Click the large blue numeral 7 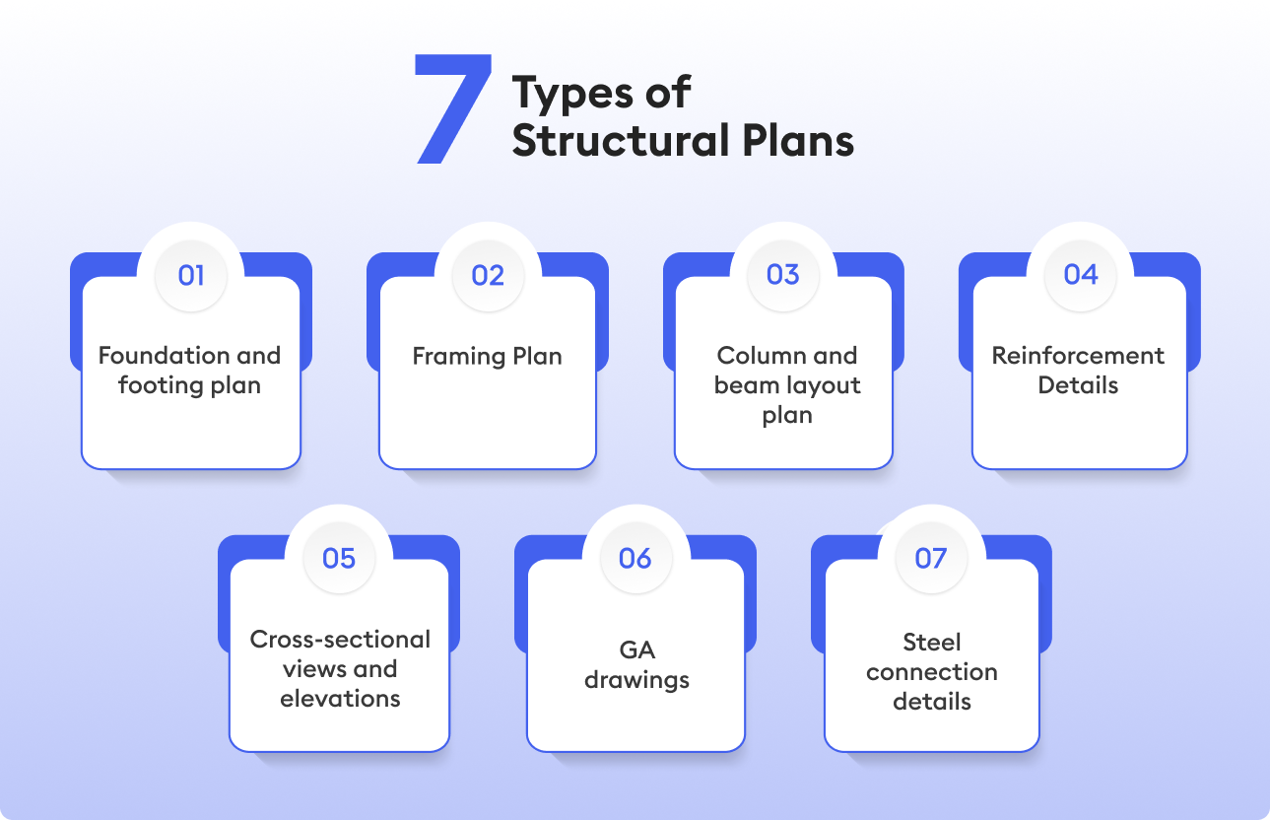452,108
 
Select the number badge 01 191,275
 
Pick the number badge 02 488,275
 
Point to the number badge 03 783,275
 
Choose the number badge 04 1081,275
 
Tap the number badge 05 339,559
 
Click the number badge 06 635,559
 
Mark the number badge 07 931,559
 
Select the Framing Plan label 488,356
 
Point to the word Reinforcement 1078,356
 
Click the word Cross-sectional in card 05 340,640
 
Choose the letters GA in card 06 636,650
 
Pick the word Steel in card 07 932,643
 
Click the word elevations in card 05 340,699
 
